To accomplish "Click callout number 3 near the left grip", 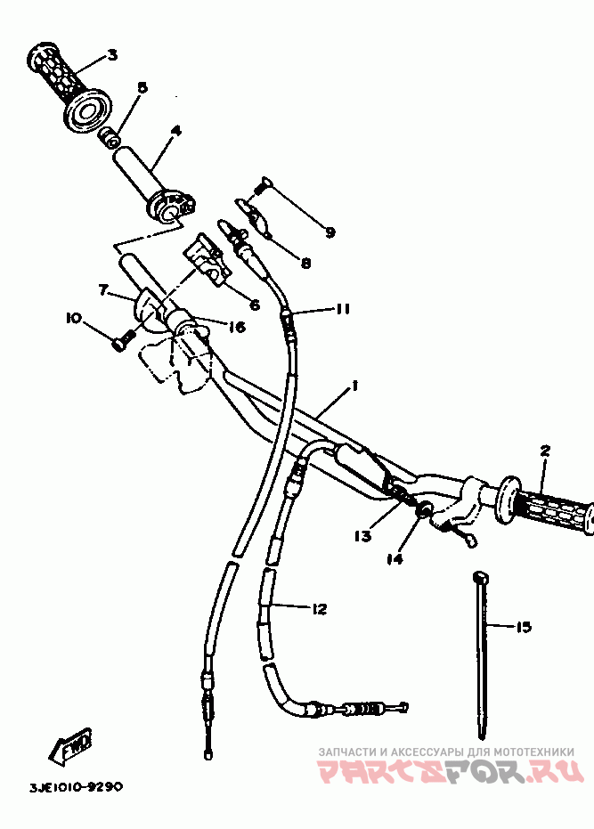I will [112, 55].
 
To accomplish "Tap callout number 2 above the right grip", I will [545, 451].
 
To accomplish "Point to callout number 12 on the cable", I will [319, 609].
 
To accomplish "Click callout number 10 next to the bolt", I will [73, 317].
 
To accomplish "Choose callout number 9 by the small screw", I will [330, 232].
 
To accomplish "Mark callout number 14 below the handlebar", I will [395, 559].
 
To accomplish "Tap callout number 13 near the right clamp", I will [362, 536].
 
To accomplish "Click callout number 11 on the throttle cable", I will [342, 309].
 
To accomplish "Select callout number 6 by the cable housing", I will [254, 305].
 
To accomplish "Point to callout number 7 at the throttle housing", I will [103, 290].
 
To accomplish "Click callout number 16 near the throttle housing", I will [236, 327].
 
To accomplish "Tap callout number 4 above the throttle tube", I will [175, 130].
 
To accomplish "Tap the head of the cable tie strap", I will [479, 580].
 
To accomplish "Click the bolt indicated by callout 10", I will [124, 340].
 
